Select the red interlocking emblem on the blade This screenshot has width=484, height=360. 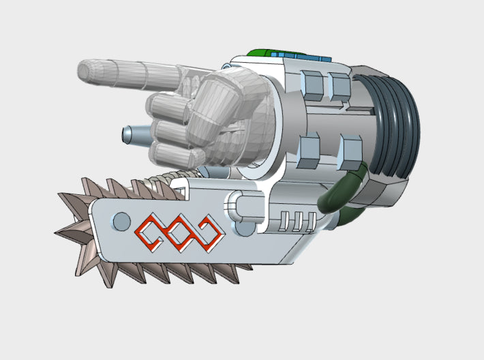point(179,232)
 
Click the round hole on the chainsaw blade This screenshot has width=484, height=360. point(121,221)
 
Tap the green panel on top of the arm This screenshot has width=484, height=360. point(260,52)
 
